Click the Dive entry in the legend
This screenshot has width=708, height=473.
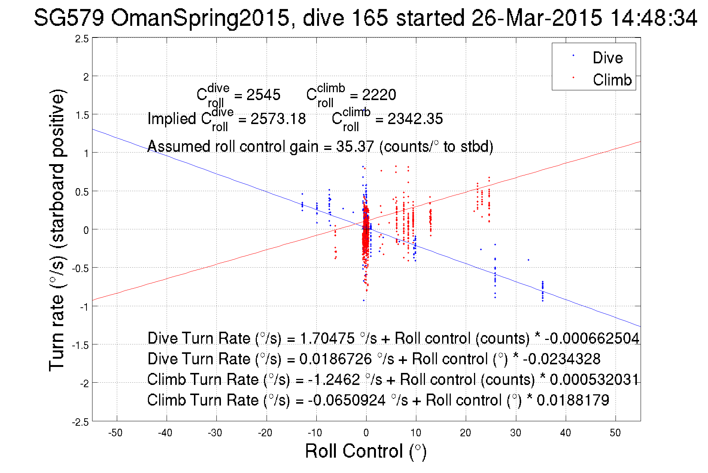tap(607, 58)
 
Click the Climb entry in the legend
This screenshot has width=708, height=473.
tap(612, 80)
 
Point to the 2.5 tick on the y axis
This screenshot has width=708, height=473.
tap(82, 39)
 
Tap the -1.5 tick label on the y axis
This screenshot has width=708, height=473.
tap(80, 345)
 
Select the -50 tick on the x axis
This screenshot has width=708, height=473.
tap(115, 433)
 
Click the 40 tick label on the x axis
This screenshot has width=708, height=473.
tap(565, 433)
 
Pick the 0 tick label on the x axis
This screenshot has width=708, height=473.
tap(366, 433)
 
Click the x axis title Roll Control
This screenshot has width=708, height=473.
tap(365, 451)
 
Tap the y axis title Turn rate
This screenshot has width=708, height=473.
tap(57, 230)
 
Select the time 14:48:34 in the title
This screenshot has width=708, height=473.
tap(654, 18)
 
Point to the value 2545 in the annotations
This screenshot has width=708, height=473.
tap(263, 95)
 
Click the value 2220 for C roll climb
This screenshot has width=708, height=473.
tap(379, 95)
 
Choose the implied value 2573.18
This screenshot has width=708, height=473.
tap(278, 119)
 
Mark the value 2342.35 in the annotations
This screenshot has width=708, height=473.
tap(415, 119)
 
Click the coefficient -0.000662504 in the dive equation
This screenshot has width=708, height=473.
tap(592, 338)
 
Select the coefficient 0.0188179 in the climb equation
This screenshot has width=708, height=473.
tap(573, 400)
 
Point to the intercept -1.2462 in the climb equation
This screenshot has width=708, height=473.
tap(334, 379)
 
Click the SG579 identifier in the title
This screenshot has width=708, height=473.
tap(69, 18)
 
